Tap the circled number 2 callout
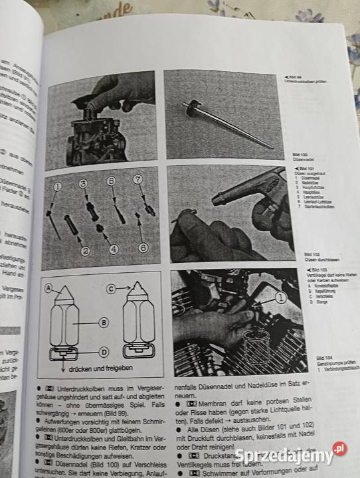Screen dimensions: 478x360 coord(86,252)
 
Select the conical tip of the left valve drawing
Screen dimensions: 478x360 coord(65,293)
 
